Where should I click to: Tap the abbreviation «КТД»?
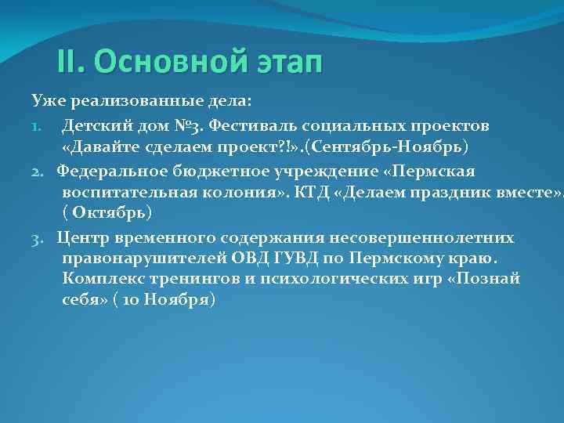(x=305, y=193)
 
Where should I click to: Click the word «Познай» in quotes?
(x=486, y=280)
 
